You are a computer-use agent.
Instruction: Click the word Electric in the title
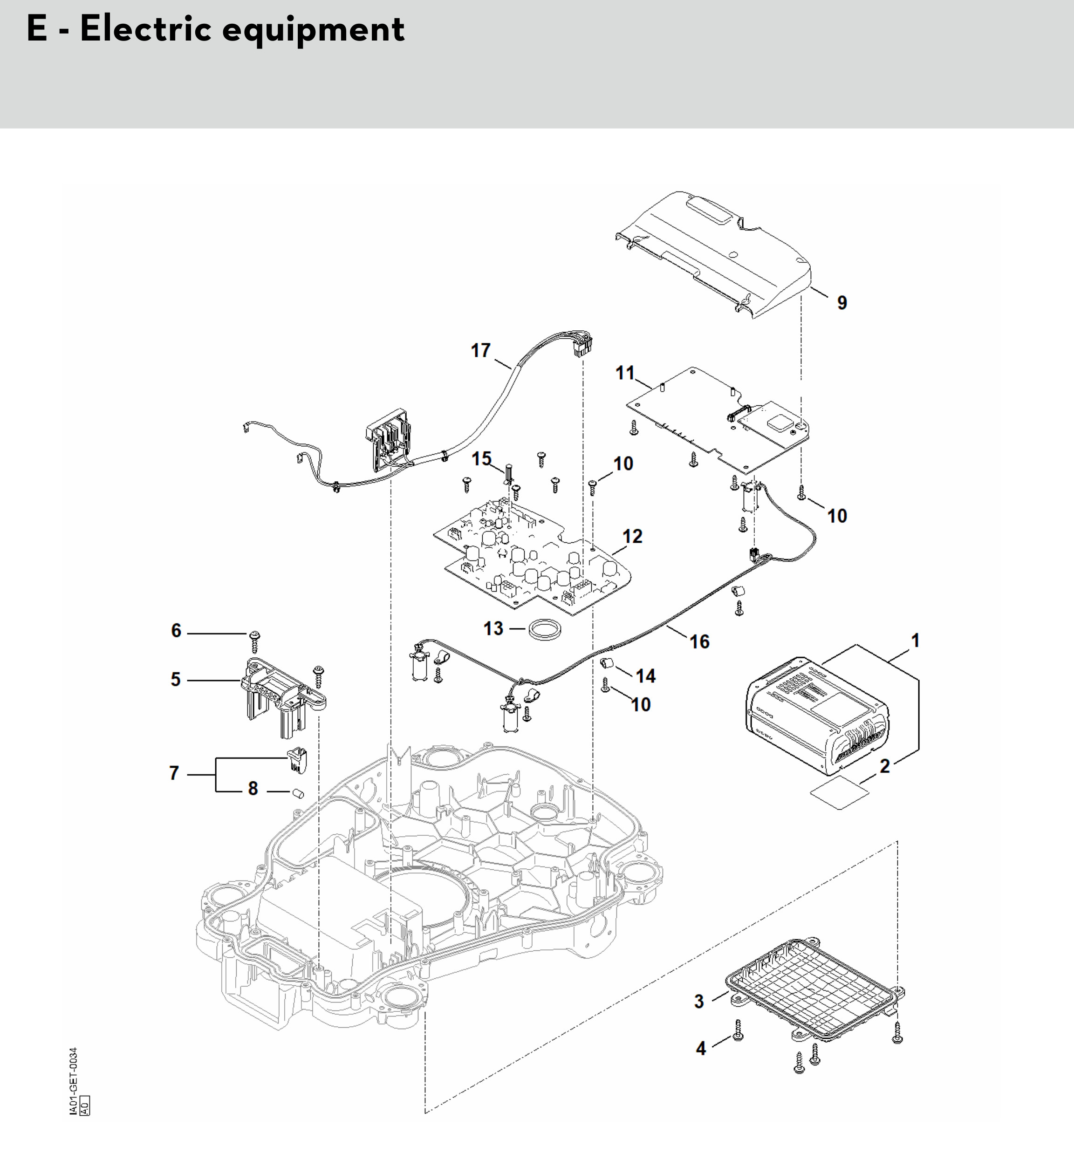click(145, 29)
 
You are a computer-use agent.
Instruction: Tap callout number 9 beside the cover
click(842, 303)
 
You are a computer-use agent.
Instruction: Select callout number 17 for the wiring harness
click(481, 350)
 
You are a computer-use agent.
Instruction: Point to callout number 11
click(625, 373)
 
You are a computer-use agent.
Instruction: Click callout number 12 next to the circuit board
click(632, 536)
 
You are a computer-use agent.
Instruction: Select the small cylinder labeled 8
click(299, 793)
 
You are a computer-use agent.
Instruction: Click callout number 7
click(174, 773)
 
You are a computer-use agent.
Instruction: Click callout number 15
click(481, 459)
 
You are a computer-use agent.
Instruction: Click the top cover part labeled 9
click(721, 250)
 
